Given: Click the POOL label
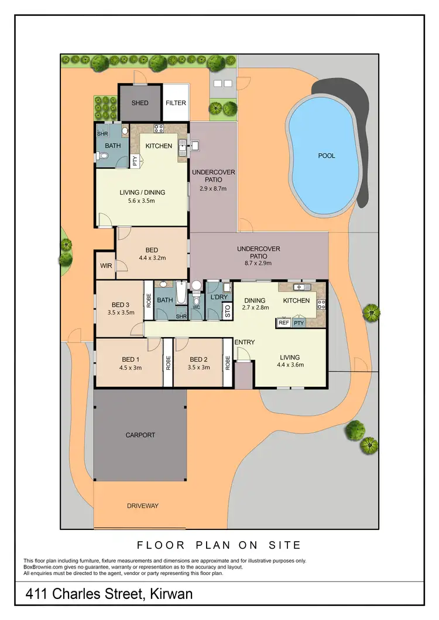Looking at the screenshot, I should pyautogui.click(x=327, y=156).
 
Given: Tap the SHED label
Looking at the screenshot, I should pyautogui.click(x=139, y=103).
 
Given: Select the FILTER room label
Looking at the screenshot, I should pyautogui.click(x=176, y=103).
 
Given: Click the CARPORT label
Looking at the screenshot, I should pyautogui.click(x=140, y=435).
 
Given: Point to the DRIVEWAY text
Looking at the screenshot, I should pyautogui.click(x=143, y=505).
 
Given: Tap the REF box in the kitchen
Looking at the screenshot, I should pyautogui.click(x=284, y=323).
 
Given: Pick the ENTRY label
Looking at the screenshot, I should pyautogui.click(x=244, y=342).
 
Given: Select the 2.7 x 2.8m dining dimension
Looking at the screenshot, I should pyautogui.click(x=256, y=308).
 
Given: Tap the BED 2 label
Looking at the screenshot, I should pyautogui.click(x=198, y=359).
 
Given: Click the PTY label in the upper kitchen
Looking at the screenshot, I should pyautogui.click(x=134, y=161).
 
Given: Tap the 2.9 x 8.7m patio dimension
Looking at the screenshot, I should pyautogui.click(x=213, y=189).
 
